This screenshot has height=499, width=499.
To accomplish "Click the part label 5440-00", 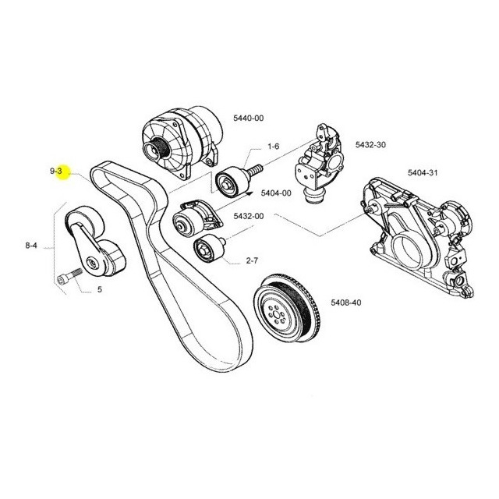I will point(248,118).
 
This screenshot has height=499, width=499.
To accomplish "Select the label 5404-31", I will point(423,172).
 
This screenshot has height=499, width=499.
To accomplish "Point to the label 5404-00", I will point(276,193).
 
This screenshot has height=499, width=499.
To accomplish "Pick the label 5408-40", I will point(346,302).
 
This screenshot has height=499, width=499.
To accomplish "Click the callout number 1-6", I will point(274,147).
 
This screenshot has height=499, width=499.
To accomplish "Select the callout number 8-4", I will point(31,246).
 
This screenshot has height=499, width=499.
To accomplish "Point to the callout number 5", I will point(100,289).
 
